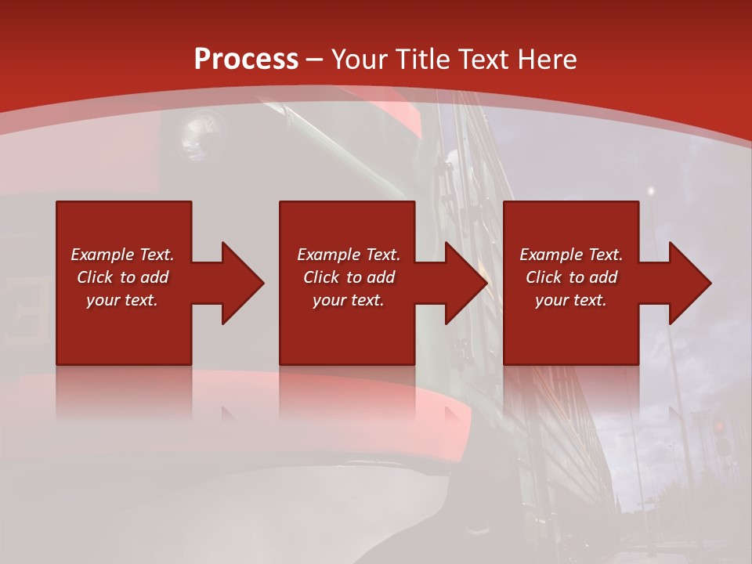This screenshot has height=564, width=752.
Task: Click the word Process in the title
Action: [x=246, y=60]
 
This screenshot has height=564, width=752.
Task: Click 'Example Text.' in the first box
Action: [x=122, y=255]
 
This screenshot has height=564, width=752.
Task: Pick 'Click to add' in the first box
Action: [x=122, y=277]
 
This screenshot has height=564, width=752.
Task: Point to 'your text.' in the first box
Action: [x=122, y=300]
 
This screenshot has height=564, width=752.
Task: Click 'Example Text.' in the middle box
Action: [x=349, y=255]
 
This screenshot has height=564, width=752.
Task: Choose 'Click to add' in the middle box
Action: [x=349, y=277]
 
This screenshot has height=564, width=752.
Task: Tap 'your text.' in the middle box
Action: [x=349, y=300]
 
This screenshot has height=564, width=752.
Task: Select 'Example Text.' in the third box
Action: [x=571, y=255]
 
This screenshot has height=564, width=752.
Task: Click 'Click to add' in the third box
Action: [x=571, y=277]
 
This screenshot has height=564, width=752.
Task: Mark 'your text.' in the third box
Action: [x=571, y=300]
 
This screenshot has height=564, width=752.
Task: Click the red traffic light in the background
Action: [x=719, y=428]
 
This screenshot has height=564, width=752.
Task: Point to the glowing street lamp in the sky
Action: [x=650, y=190]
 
